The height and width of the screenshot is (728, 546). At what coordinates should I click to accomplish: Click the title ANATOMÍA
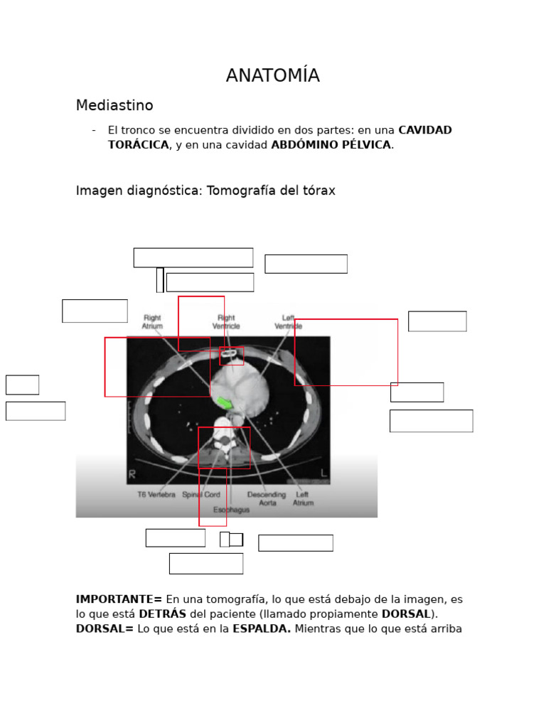272,76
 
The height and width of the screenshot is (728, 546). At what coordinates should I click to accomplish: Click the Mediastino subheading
114,106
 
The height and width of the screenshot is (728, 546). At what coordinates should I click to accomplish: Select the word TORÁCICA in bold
139,145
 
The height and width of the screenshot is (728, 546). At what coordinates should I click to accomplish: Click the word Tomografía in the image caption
239,191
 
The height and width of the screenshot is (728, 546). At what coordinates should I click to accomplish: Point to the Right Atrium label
152,322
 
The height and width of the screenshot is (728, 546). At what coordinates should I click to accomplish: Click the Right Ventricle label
226,322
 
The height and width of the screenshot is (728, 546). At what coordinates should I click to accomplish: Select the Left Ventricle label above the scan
288,322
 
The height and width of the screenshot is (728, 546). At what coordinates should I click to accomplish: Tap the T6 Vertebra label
156,495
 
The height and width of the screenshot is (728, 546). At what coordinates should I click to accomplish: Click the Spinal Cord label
201,495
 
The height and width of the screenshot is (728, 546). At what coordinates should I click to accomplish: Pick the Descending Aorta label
267,498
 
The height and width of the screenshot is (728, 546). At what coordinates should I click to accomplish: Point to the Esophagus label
231,510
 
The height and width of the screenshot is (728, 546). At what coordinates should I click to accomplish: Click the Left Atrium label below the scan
302,498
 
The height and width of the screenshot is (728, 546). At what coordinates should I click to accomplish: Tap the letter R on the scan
132,473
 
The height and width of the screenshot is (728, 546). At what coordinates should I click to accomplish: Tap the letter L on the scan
324,473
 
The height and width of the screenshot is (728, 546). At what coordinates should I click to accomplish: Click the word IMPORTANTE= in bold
119,599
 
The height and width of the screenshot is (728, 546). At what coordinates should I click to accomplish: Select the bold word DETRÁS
162,614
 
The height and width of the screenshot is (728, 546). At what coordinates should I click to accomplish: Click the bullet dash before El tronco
94,130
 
